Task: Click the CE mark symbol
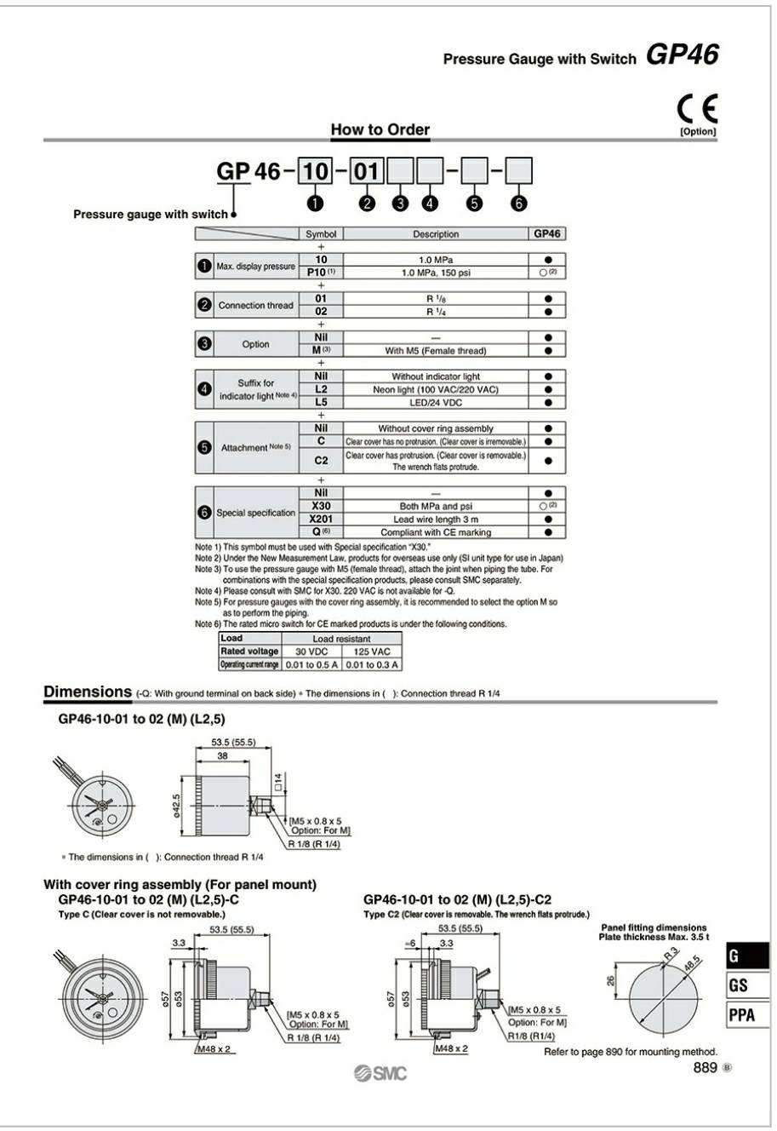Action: tap(697, 108)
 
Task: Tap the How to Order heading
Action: tap(380, 129)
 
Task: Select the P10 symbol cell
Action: tap(321, 273)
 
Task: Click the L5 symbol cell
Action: tap(321, 402)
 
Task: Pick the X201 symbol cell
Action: tap(321, 519)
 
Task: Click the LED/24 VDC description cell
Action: tap(436, 403)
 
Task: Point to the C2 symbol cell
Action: tap(321, 460)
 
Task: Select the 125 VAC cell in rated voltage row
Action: tap(370, 652)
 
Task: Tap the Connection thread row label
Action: tap(255, 305)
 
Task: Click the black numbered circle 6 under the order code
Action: tap(519, 203)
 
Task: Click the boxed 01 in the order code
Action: tap(366, 171)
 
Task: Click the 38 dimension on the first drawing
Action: tap(221, 755)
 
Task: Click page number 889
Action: tap(705, 1068)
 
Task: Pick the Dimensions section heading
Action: tap(88, 692)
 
